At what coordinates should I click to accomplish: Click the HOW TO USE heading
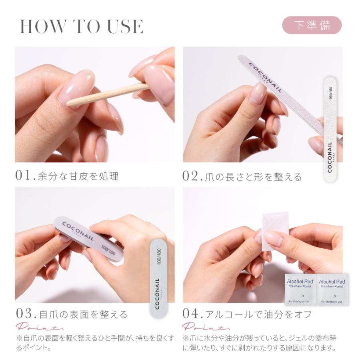coord(82,26)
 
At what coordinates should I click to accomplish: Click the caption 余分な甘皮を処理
coord(78,176)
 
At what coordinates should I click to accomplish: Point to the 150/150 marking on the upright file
coord(331,92)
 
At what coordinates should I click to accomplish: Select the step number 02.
coord(193,176)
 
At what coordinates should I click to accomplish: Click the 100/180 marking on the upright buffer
coord(159,256)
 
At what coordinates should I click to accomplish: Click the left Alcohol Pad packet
coord(300,289)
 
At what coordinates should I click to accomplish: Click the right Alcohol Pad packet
coord(332,289)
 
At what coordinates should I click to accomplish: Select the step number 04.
coord(193,314)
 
